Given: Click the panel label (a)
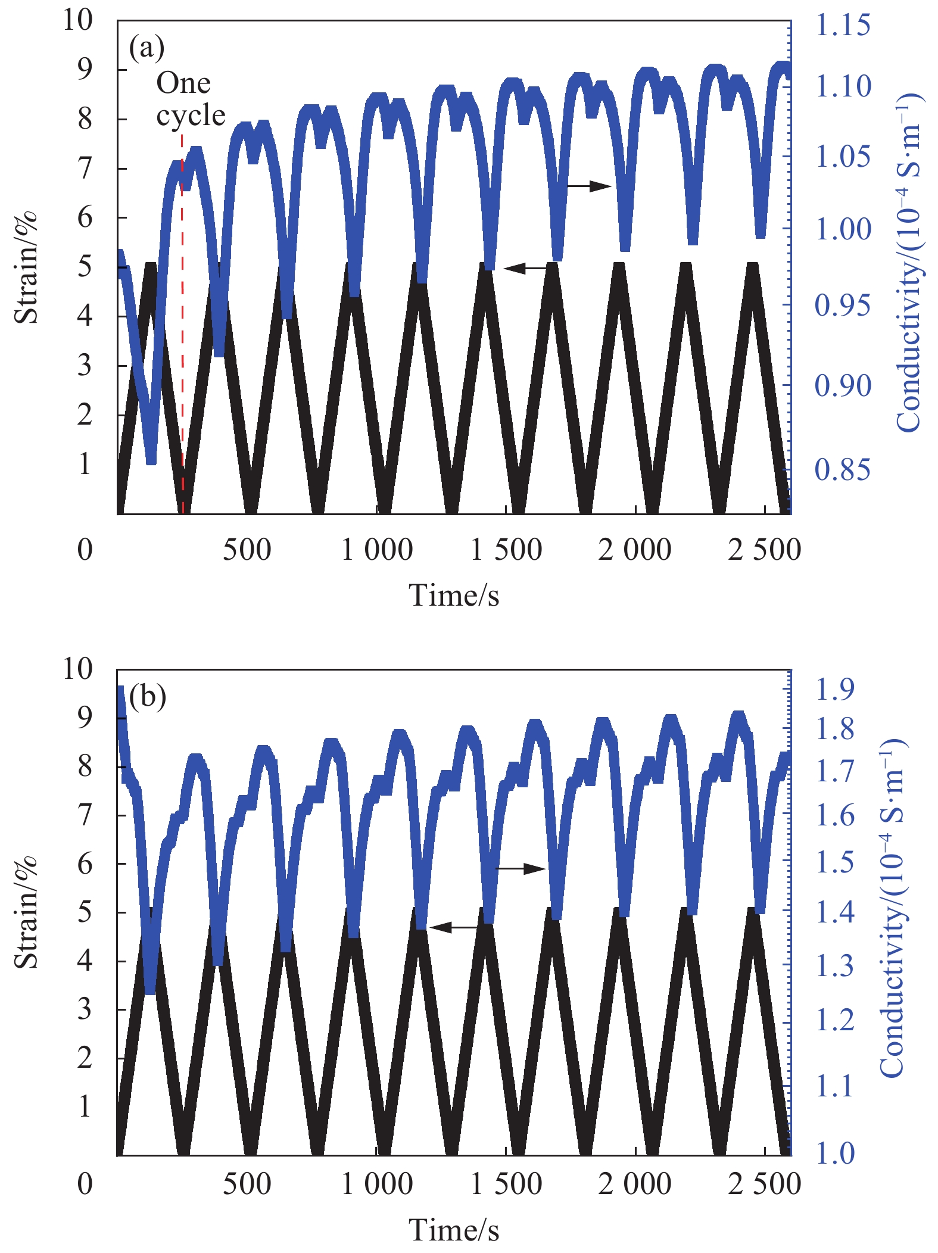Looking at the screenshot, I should [147, 48].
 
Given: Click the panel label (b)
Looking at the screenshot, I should [147, 696].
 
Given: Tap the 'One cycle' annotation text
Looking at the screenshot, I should [190, 99].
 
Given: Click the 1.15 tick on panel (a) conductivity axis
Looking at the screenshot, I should [842, 26].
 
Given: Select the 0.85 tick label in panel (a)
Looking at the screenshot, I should [842, 470].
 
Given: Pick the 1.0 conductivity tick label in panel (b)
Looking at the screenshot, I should [834, 1153].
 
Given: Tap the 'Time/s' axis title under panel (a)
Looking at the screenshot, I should [453, 595].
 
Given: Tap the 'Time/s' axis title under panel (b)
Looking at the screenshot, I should [453, 1230].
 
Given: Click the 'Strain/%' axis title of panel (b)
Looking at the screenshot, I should [26, 913].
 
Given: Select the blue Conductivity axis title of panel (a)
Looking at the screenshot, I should [909, 262].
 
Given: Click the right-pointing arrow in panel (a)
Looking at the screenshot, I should [588, 186].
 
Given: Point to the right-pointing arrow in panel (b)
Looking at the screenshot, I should [521, 869].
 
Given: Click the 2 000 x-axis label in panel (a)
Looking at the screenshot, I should [634, 550].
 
